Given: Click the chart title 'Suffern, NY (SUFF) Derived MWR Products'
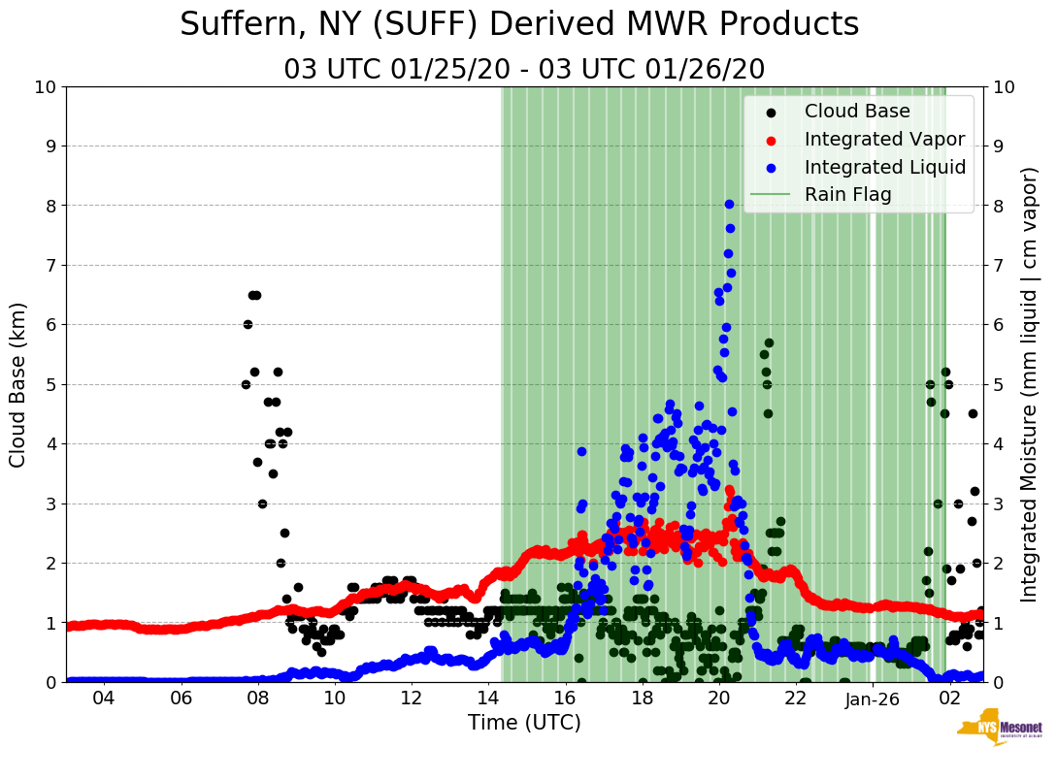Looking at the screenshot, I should (x=519, y=24).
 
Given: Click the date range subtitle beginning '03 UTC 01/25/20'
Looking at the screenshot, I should (x=524, y=69).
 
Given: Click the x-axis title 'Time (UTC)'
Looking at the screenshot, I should (x=524, y=723).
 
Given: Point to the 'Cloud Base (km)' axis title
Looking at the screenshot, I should (x=18, y=384).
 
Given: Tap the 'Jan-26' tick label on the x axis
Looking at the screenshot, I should (x=873, y=699).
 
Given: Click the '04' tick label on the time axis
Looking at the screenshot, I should (x=104, y=699).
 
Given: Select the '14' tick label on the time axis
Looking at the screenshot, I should (x=488, y=699).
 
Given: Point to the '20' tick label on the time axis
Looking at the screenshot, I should (x=719, y=699).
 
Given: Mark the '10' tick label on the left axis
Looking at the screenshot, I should (x=45, y=87).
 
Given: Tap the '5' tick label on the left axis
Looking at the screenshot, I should (x=50, y=384).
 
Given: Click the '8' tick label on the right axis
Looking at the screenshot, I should (x=998, y=206).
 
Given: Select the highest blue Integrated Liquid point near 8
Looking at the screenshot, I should (x=729, y=204).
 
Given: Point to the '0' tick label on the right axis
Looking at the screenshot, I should (x=998, y=682).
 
